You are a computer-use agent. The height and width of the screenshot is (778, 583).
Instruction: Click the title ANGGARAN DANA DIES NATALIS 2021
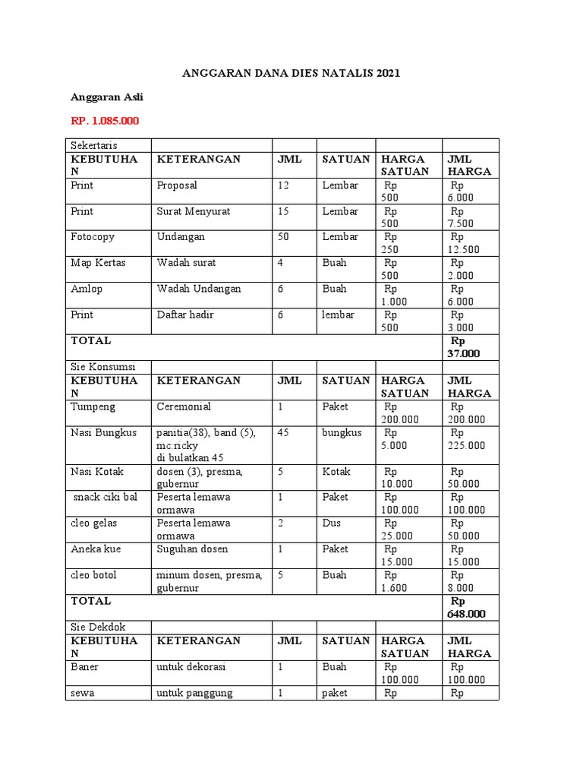tap(291, 74)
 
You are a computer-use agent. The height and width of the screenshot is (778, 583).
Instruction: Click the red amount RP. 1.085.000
tap(105, 121)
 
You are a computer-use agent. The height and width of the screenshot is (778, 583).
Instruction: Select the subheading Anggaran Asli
tap(107, 97)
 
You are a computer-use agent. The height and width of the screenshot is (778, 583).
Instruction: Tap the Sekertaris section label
tap(94, 145)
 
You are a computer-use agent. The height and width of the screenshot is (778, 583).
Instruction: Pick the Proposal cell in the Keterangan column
tap(177, 185)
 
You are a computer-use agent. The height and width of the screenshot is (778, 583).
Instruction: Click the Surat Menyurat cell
tap(193, 211)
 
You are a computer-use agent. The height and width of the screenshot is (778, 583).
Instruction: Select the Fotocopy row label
tap(93, 237)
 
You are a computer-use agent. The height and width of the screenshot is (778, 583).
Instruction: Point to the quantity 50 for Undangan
tap(283, 237)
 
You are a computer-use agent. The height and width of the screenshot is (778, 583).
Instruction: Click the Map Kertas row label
tap(100, 263)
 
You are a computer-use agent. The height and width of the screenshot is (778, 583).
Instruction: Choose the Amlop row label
tap(86, 289)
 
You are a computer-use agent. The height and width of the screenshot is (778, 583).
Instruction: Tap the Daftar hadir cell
tap(185, 315)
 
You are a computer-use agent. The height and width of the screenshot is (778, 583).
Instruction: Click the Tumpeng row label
tap(93, 406)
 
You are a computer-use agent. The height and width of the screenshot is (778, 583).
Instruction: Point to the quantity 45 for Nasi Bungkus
tap(283, 432)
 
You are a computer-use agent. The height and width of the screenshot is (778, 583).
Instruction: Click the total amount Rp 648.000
tap(466, 607)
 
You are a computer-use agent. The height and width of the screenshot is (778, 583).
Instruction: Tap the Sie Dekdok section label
tap(98, 627)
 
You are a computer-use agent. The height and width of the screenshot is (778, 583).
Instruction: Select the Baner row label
tap(85, 667)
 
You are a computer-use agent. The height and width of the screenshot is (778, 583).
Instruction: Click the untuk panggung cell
tap(194, 693)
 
